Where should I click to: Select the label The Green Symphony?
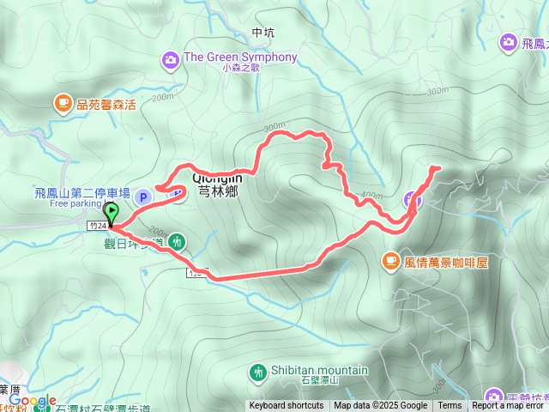(240, 58)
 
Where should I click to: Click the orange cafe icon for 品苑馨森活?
(63, 104)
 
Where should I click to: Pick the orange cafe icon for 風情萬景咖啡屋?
(390, 258)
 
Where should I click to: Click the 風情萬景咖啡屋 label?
(446, 262)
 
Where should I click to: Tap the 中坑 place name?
(264, 33)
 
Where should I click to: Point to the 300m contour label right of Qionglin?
(274, 127)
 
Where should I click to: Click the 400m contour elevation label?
(371, 196)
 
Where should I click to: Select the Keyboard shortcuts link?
(287, 406)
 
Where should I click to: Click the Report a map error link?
(508, 406)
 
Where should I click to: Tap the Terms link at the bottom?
(449, 406)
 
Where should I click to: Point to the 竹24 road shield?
(98, 226)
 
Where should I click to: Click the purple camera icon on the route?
(413, 200)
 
